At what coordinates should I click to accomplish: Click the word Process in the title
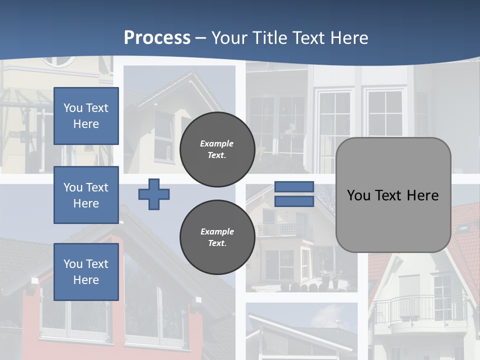click(157, 38)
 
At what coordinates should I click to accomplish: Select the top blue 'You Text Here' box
click(86, 116)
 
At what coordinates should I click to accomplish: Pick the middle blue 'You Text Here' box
click(86, 195)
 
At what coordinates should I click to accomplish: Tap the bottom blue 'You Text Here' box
click(86, 272)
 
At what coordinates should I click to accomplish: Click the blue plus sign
click(154, 194)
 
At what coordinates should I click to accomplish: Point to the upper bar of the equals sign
click(294, 186)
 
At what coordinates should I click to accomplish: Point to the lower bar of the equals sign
click(294, 201)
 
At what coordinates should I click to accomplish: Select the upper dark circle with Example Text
click(217, 149)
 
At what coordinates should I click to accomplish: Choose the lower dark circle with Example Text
click(217, 237)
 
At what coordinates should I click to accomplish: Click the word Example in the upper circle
click(217, 144)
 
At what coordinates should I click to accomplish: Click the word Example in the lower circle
click(217, 232)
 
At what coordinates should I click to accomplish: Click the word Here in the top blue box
click(86, 124)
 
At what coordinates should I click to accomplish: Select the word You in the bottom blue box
click(73, 264)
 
